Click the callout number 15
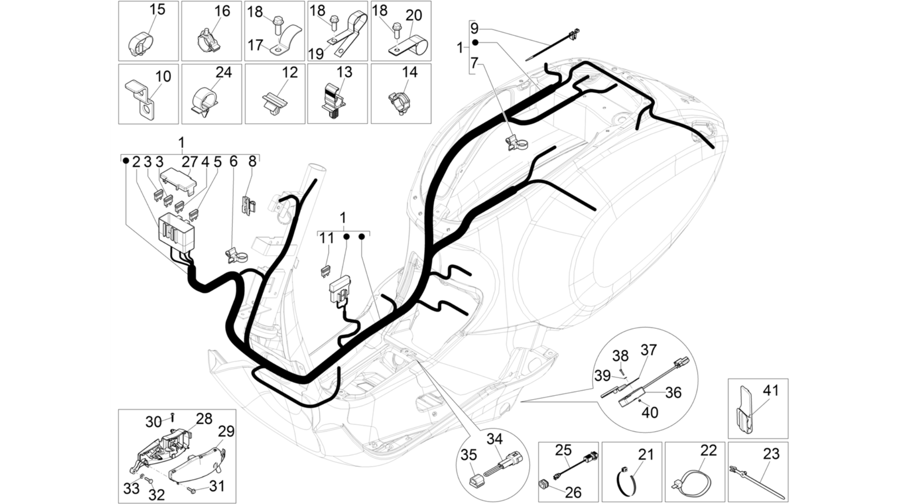tap(157, 9)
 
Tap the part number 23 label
tap(771, 453)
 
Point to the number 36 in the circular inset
tap(673, 392)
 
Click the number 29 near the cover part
tap(226, 431)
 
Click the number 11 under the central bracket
tap(327, 238)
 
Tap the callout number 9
tap(474, 28)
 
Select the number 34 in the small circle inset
tap(494, 439)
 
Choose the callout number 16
tap(222, 11)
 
